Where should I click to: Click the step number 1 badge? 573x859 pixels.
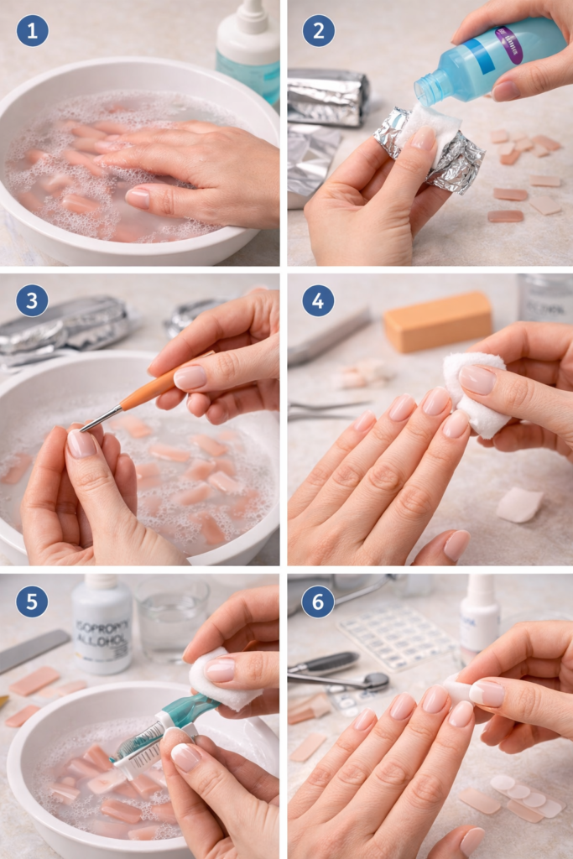(32, 31)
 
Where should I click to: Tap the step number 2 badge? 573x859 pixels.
(318, 31)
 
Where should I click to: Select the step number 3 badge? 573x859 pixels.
(32, 300)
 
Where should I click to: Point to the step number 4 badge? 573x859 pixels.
(318, 300)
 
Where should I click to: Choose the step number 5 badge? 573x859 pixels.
(32, 601)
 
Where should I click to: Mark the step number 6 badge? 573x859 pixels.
(318, 601)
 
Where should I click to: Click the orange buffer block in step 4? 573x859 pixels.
(437, 321)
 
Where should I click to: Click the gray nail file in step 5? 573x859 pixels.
(34, 651)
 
